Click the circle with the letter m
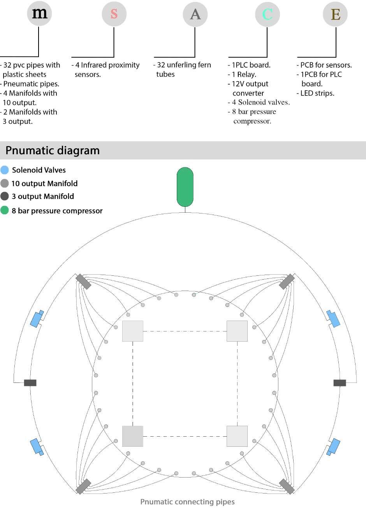[39, 14]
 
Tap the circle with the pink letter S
[114, 14]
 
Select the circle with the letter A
[195, 14]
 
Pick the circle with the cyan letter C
[267, 14]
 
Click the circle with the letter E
[335, 14]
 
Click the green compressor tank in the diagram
[185, 187]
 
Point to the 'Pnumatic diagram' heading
[53, 150]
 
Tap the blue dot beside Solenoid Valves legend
[5, 170]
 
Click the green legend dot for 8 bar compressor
[5, 210]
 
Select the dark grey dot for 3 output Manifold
[5, 196]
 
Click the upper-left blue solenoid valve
[37, 319]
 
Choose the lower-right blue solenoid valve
[334, 447]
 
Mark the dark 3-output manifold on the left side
[30, 383]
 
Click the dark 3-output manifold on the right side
[340, 383]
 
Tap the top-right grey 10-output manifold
[287, 282]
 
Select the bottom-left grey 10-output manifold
[83, 486]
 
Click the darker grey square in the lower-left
[133, 436]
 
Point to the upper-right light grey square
[237, 331]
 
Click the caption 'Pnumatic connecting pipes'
[187, 502]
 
